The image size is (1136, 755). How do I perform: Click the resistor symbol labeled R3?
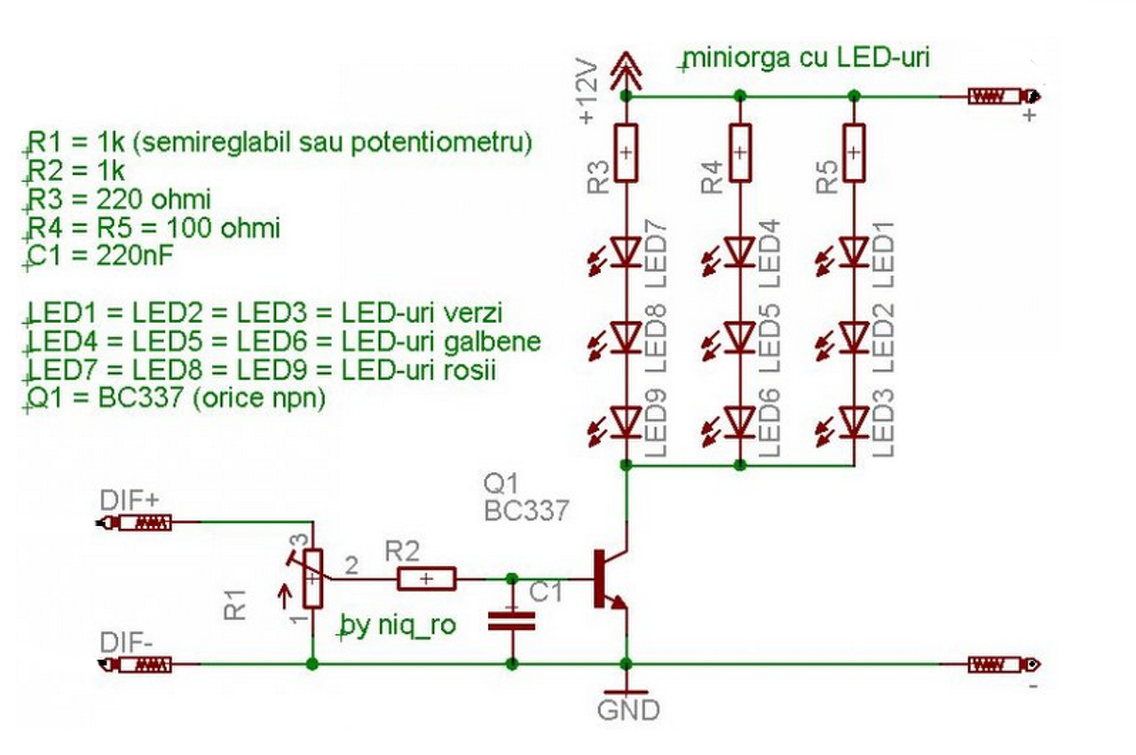click(626, 153)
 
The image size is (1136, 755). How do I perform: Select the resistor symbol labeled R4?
click(740, 153)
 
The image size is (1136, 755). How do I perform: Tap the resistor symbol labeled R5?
click(854, 153)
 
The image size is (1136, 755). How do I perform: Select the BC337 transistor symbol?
click(611, 578)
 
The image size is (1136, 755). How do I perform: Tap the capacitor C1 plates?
click(512, 621)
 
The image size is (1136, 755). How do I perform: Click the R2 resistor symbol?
click(427, 578)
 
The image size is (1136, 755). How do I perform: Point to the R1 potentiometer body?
click(313, 578)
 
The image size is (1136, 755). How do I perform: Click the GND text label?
click(628, 711)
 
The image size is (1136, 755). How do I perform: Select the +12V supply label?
click(588, 91)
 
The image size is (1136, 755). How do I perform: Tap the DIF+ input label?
click(130, 500)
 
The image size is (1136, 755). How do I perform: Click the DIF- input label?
click(126, 642)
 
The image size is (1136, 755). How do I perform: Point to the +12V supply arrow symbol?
click(627, 71)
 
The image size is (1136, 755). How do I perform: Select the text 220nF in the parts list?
click(135, 256)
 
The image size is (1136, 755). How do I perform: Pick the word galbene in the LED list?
click(492, 342)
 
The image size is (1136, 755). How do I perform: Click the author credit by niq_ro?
click(398, 625)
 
